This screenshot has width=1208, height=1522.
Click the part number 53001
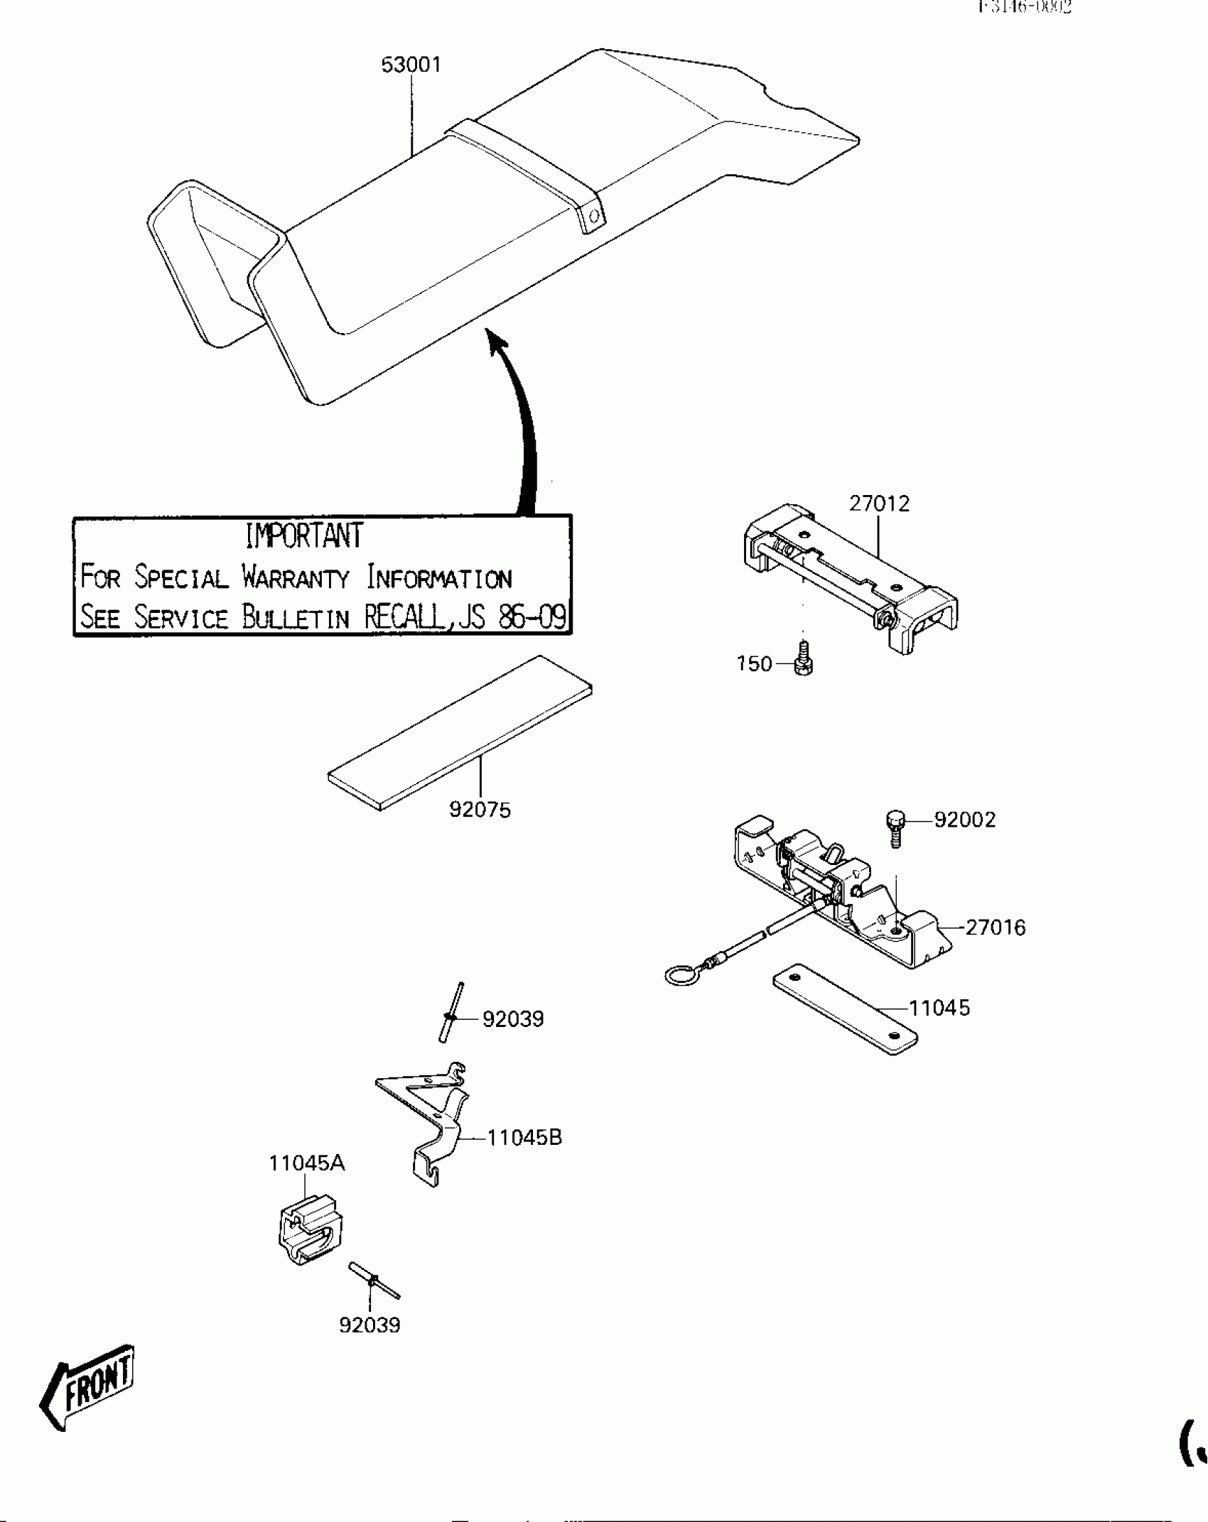(411, 65)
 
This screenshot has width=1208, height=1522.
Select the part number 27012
(879, 504)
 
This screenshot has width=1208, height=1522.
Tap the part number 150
(754, 664)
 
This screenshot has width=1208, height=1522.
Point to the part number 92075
(480, 810)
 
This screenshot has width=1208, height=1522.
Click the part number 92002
(964, 820)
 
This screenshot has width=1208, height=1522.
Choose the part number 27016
(995, 928)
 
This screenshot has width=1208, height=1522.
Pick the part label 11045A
(306, 1163)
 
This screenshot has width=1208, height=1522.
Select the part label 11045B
(524, 1138)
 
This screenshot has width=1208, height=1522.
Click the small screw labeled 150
(803, 658)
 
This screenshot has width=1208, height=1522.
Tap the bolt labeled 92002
(895, 827)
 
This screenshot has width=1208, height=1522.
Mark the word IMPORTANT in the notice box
(304, 536)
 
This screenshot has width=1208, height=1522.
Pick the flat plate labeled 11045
(844, 1009)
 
